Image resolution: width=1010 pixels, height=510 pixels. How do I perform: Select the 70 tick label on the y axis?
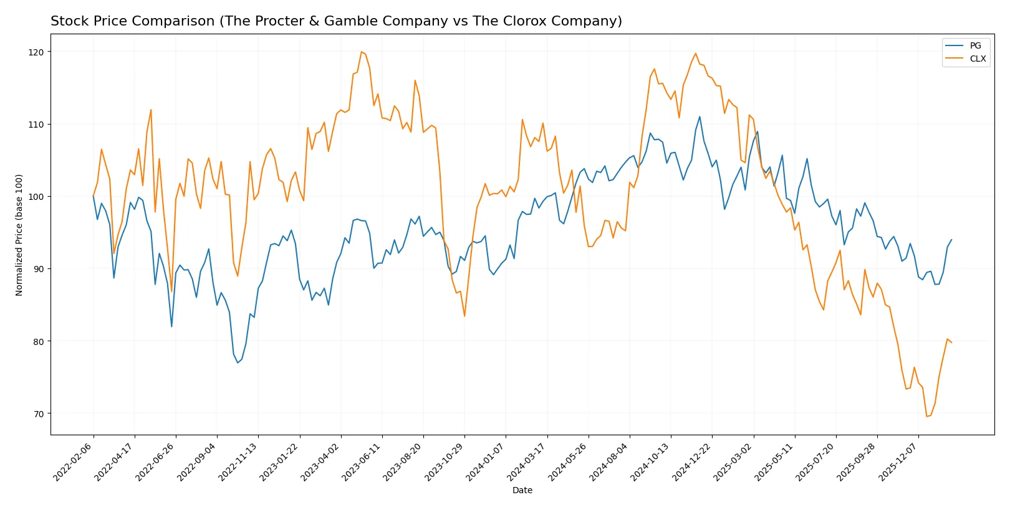39,414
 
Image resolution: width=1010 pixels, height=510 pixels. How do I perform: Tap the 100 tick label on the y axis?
36,197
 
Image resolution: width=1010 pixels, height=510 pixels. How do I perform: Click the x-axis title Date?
522,491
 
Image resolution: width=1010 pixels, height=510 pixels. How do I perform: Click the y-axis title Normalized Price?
19,235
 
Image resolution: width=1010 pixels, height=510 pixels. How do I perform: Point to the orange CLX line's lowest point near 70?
926,416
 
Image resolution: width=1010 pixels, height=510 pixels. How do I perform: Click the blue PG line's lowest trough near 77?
238,362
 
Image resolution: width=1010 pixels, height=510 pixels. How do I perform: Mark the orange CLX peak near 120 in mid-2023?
362,52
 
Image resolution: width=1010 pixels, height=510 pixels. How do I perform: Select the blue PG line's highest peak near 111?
700,116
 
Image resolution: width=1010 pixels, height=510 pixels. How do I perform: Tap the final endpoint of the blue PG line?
951,240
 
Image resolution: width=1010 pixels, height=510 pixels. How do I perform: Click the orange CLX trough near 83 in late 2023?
464,316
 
